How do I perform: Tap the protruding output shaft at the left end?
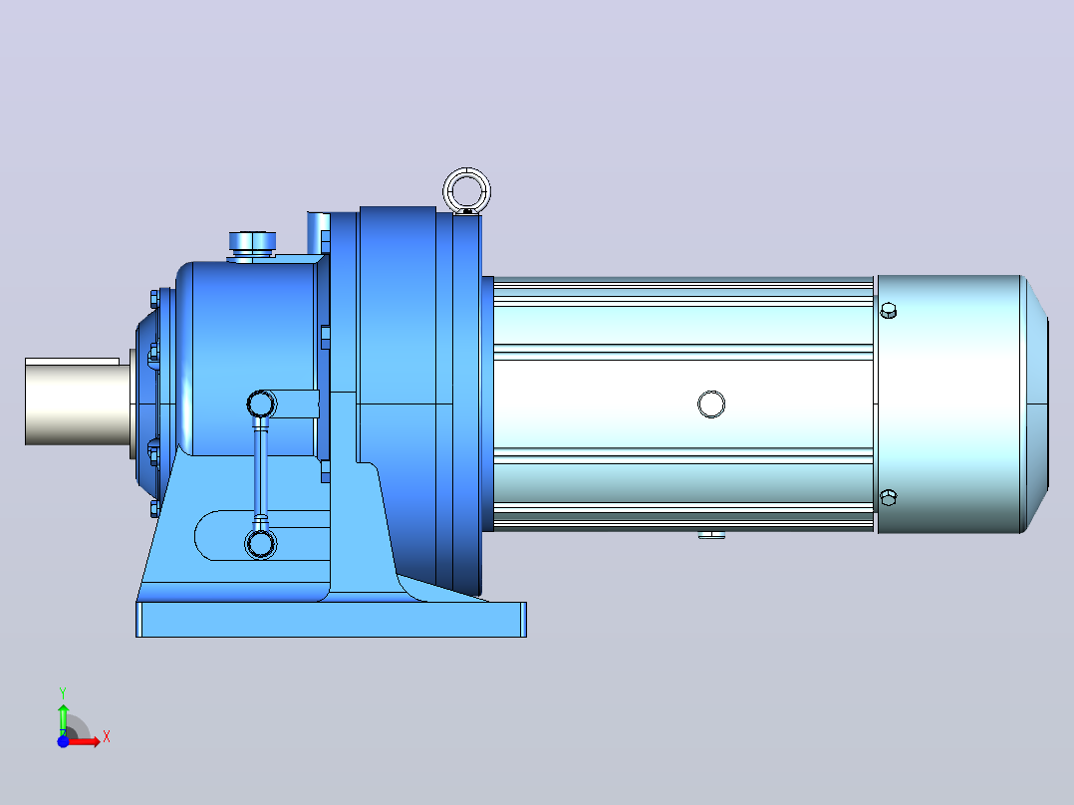pyautogui.click(x=78, y=402)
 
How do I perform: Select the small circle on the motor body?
pyautogui.click(x=711, y=404)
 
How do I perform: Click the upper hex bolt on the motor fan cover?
pyautogui.click(x=888, y=311)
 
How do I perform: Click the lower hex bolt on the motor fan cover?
pyautogui.click(x=888, y=497)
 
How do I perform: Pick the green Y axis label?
pyautogui.click(x=63, y=693)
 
